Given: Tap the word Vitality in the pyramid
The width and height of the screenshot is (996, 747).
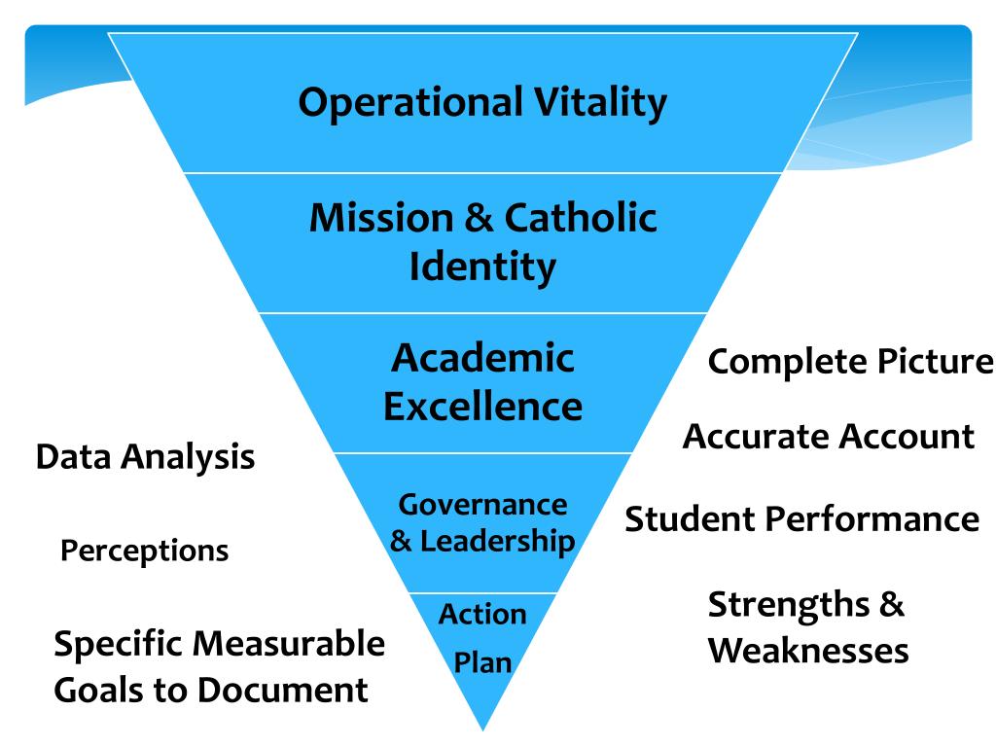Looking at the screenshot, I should click(x=601, y=102).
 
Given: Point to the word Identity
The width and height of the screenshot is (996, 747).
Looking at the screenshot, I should click(x=482, y=265).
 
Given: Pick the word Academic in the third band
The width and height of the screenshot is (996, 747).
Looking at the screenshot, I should click(x=482, y=358).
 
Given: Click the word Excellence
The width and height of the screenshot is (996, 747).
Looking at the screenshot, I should click(x=482, y=405).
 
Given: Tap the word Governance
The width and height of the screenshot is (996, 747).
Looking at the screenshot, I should click(x=482, y=504).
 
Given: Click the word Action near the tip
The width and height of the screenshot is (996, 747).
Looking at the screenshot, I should click(x=482, y=614).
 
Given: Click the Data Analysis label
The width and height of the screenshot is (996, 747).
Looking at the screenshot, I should click(x=145, y=456).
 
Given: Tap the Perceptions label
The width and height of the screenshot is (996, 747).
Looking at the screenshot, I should click(x=144, y=551).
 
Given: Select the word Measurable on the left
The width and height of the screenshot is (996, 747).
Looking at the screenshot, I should click(x=288, y=644).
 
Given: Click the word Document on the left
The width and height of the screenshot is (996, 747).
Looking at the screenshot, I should click(x=283, y=691).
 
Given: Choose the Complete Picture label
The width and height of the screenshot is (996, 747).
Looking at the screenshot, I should click(x=850, y=362).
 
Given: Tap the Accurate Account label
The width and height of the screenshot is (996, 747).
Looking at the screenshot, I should click(x=828, y=436).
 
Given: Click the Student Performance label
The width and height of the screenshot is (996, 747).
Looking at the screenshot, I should click(x=801, y=518).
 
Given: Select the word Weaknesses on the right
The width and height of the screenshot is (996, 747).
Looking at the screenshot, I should click(x=807, y=650).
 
